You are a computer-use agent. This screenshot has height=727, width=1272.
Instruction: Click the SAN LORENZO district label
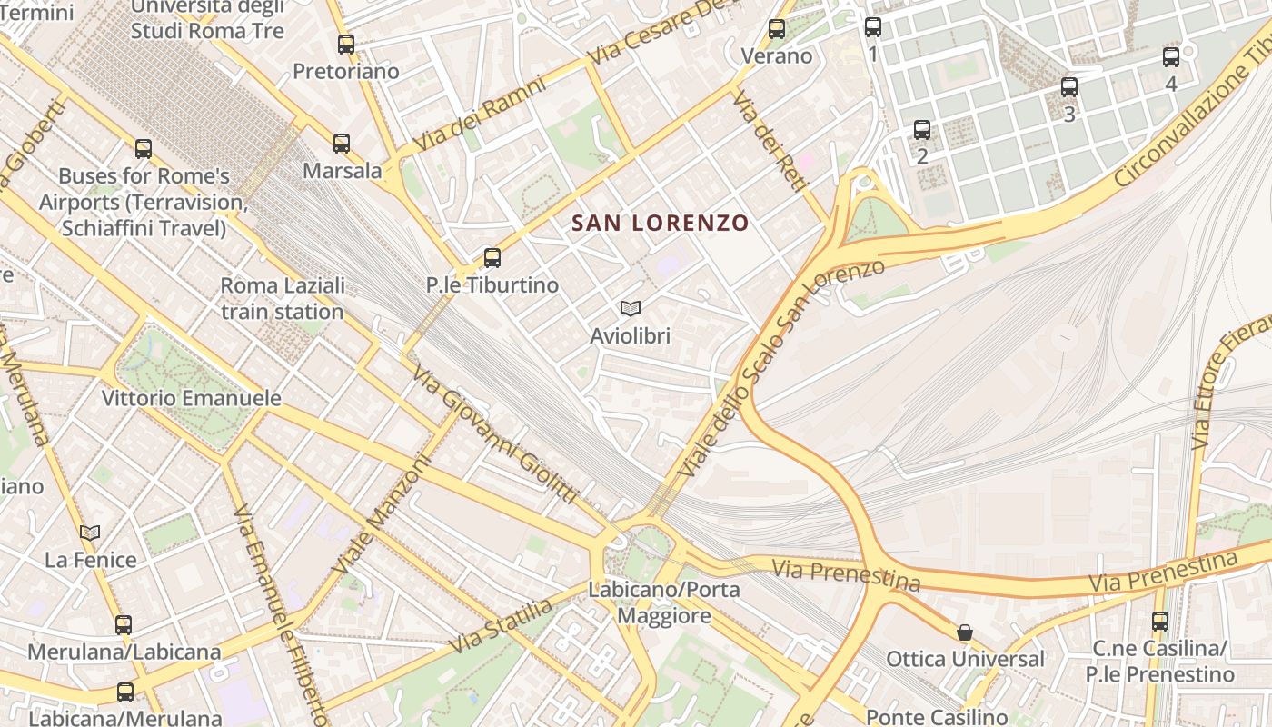point(660,223)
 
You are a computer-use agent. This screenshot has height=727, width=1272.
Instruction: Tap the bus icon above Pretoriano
point(345,44)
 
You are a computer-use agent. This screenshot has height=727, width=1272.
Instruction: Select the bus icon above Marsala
point(342,143)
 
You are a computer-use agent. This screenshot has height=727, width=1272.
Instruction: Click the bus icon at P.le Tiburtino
point(492,257)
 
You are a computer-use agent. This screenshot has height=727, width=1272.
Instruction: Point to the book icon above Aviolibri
point(631,309)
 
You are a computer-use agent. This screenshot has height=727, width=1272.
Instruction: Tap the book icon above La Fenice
point(90,533)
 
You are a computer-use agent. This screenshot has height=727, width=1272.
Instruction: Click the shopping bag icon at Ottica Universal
point(965,632)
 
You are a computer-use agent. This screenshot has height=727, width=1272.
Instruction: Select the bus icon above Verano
point(777,28)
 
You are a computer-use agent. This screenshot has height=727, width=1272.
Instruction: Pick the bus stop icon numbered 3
point(1069,87)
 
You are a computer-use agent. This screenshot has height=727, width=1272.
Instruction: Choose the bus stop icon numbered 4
point(1171,56)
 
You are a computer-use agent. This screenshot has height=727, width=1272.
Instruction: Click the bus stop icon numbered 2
point(922,129)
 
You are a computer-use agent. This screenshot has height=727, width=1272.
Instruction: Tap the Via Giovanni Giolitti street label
point(494,434)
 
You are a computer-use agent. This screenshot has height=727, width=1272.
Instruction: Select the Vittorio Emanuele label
point(191,398)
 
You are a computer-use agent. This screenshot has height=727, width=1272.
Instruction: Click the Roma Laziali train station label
point(283,298)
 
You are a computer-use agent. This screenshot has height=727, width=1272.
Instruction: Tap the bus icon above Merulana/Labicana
point(124,624)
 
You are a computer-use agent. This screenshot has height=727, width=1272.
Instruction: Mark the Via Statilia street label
point(501,625)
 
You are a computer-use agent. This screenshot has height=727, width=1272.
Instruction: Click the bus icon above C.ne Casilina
point(1159,622)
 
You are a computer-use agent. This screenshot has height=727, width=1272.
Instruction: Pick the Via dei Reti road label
point(770,141)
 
